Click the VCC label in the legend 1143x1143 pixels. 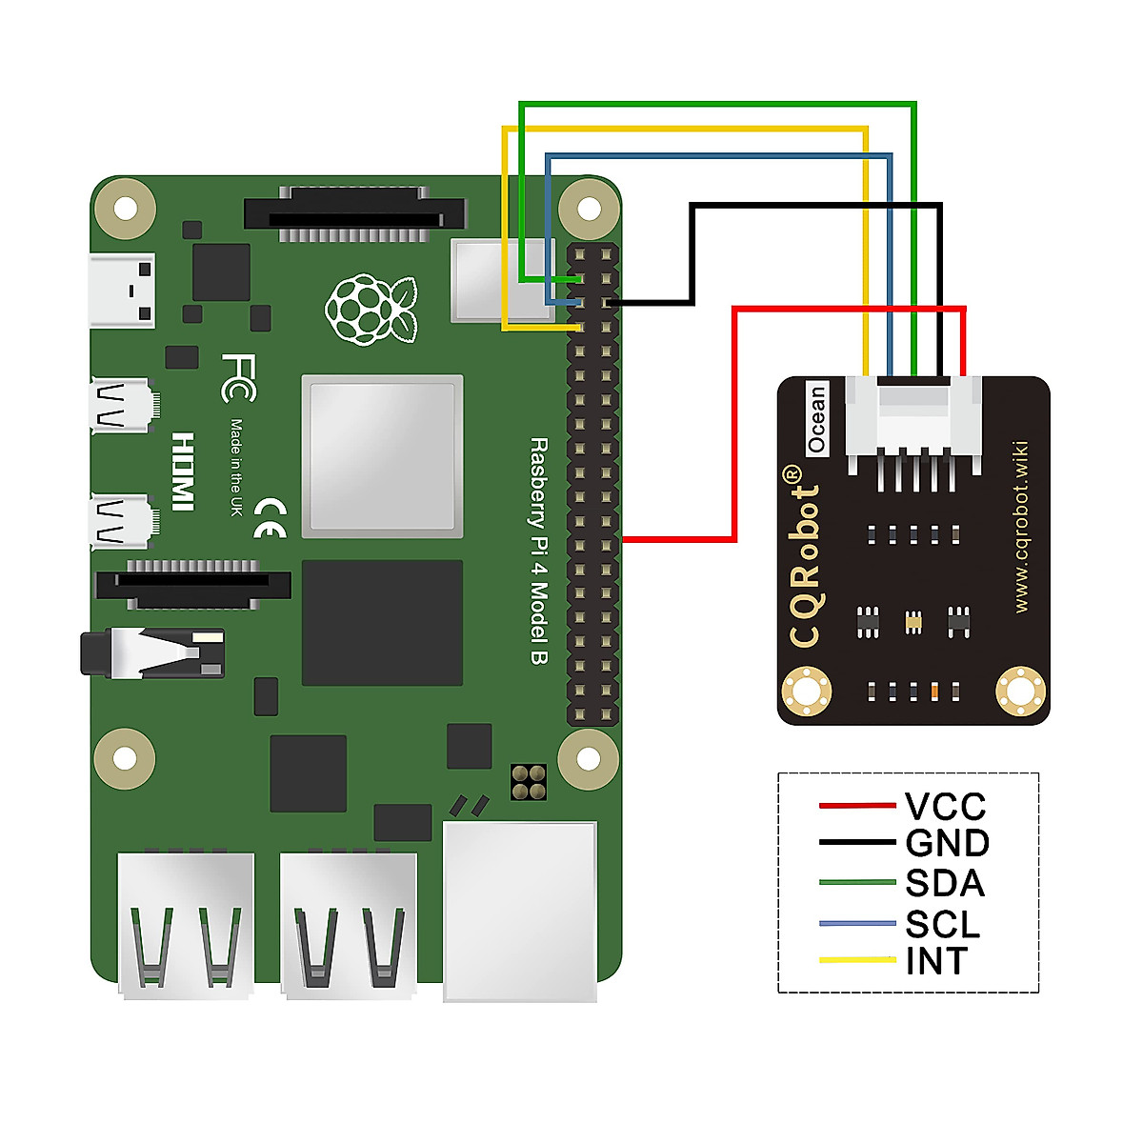[945, 807]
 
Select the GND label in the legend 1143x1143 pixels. [947, 843]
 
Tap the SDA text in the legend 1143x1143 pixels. [944, 883]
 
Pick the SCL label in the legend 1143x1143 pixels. [942, 924]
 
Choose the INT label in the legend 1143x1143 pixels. [935, 961]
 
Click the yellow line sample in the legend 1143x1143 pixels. [857, 959]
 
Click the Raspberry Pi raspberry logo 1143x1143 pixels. [371, 310]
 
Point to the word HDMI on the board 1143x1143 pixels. [183, 471]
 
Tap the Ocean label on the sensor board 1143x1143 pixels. [816, 418]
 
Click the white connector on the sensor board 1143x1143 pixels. [913, 419]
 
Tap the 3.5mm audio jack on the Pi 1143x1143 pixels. [152, 653]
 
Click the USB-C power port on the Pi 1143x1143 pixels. [122, 291]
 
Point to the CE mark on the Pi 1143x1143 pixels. [270, 518]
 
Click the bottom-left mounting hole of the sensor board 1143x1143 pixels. [806, 691]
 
